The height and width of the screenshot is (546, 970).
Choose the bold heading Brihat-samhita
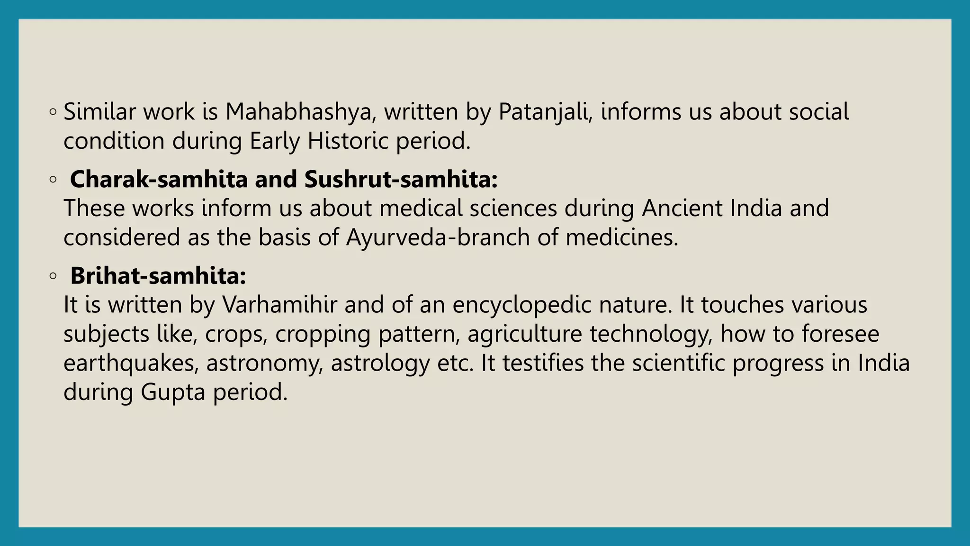coord(158,276)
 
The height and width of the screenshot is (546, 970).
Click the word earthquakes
coord(131,364)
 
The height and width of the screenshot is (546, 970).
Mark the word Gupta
coord(173,392)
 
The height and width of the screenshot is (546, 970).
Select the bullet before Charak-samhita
coord(53,180)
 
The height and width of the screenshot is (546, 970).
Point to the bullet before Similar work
coord(53,112)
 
